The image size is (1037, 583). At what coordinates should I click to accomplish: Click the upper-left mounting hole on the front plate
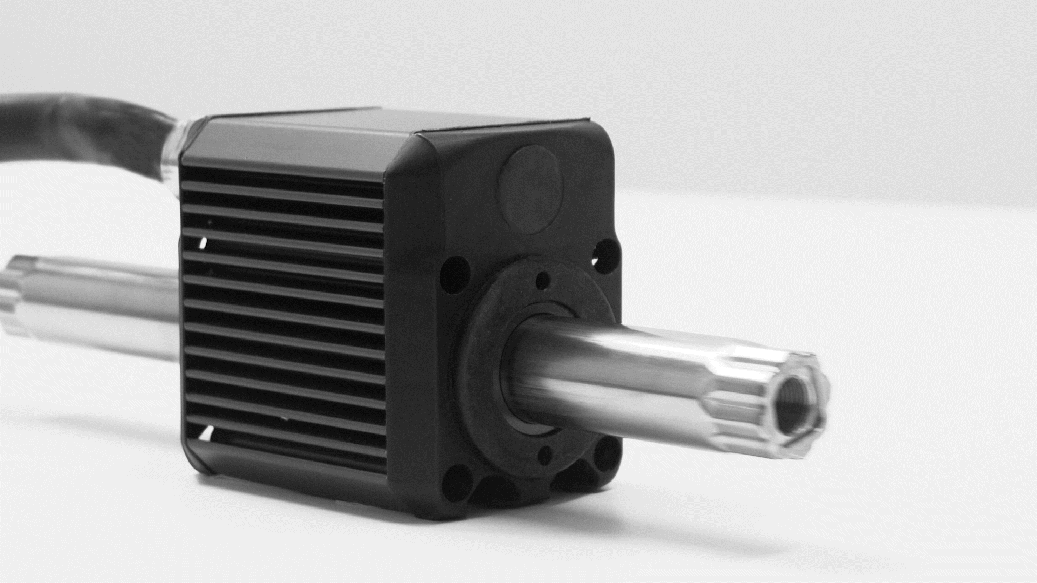(x=455, y=274)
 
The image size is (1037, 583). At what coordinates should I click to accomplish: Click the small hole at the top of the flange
(x=543, y=280)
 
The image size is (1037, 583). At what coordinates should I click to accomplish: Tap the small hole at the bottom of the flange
(x=546, y=455)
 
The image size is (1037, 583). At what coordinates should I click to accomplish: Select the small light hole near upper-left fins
(x=203, y=243)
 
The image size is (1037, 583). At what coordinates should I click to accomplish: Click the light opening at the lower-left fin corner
(x=206, y=432)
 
